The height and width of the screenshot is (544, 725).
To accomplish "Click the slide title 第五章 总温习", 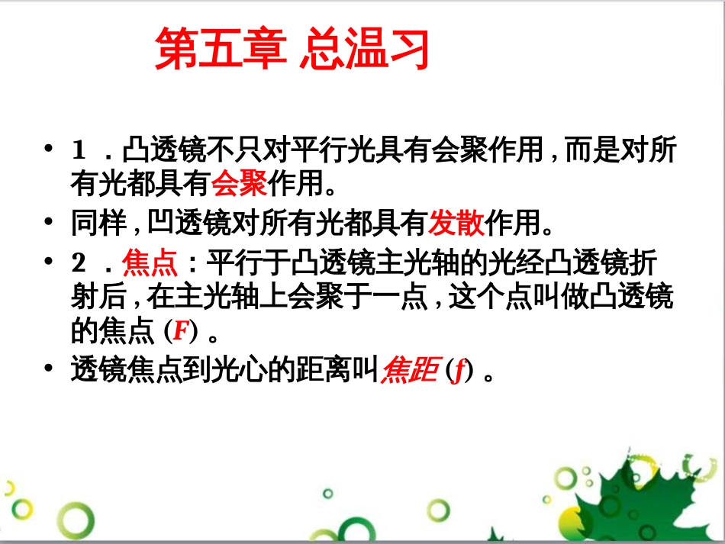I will point(292,50).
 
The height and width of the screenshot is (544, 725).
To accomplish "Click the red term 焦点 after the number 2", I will point(150,264).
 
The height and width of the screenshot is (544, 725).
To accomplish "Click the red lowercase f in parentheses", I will point(457,372).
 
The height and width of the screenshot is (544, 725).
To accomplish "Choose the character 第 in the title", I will point(175,50).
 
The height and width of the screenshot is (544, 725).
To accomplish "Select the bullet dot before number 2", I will point(50,263).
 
